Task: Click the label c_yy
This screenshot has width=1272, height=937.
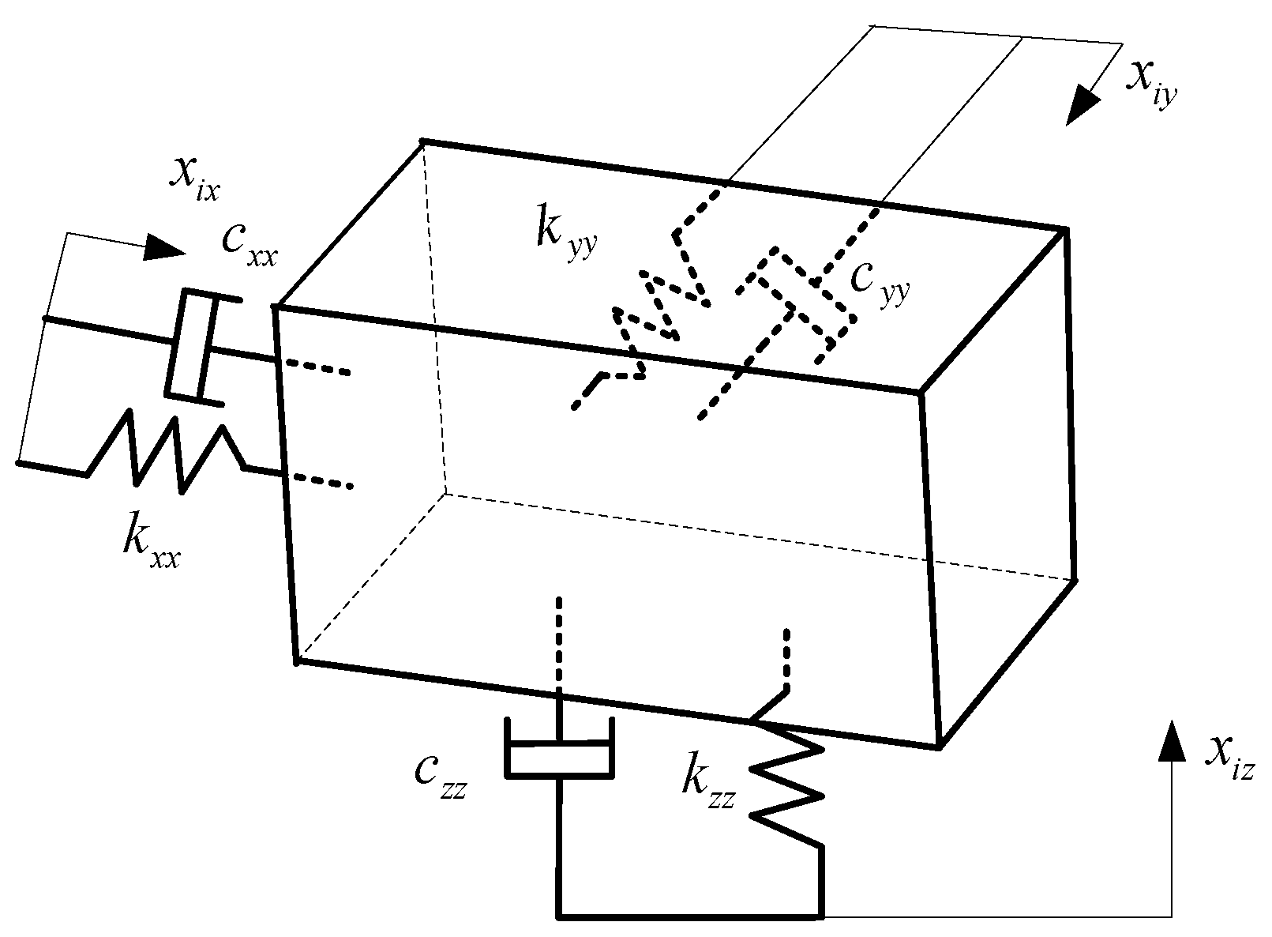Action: (879, 282)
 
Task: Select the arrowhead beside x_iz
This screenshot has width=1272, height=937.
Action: (1171, 740)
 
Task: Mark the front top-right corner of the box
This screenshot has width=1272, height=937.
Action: (920, 391)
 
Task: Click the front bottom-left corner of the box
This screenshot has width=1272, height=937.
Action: (298, 660)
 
